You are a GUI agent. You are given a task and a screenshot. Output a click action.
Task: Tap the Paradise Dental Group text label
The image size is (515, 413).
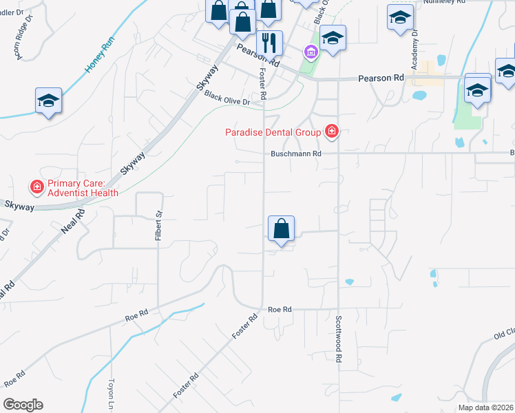[x=273, y=132]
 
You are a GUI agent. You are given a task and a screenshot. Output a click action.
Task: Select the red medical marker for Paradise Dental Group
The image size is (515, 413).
[x=332, y=131]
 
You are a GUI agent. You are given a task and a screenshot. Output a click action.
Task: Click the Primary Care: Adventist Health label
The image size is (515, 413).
[x=83, y=189]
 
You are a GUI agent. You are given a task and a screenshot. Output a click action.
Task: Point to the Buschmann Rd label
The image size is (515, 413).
[x=296, y=154]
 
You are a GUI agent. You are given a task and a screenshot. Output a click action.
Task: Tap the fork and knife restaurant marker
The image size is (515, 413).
[x=270, y=42]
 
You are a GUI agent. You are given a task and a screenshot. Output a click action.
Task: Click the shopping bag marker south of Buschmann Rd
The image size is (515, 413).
[x=281, y=229]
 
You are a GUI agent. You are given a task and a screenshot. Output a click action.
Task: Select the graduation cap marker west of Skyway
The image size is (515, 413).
[x=49, y=100]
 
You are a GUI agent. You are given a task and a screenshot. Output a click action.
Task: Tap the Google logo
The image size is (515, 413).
[x=23, y=405]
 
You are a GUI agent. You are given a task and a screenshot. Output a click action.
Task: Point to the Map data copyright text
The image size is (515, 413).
[x=485, y=407]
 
